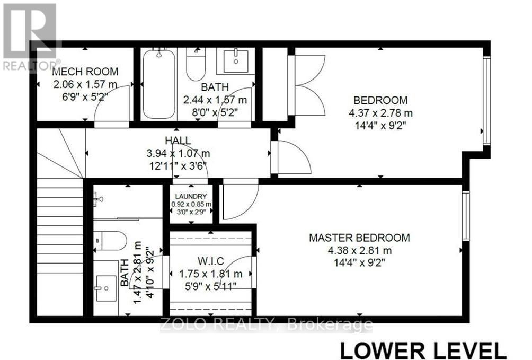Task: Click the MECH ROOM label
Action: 85,72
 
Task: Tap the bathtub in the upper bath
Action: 158,83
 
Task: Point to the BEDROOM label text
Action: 380,100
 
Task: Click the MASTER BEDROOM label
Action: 359,238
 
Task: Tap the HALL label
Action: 178,141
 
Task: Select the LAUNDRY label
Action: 191,196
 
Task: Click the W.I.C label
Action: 211,261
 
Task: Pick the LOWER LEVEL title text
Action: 422,350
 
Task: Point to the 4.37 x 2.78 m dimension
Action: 380,113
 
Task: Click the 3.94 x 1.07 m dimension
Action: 178,153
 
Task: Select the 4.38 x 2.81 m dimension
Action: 359,250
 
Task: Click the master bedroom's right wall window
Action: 466,215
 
